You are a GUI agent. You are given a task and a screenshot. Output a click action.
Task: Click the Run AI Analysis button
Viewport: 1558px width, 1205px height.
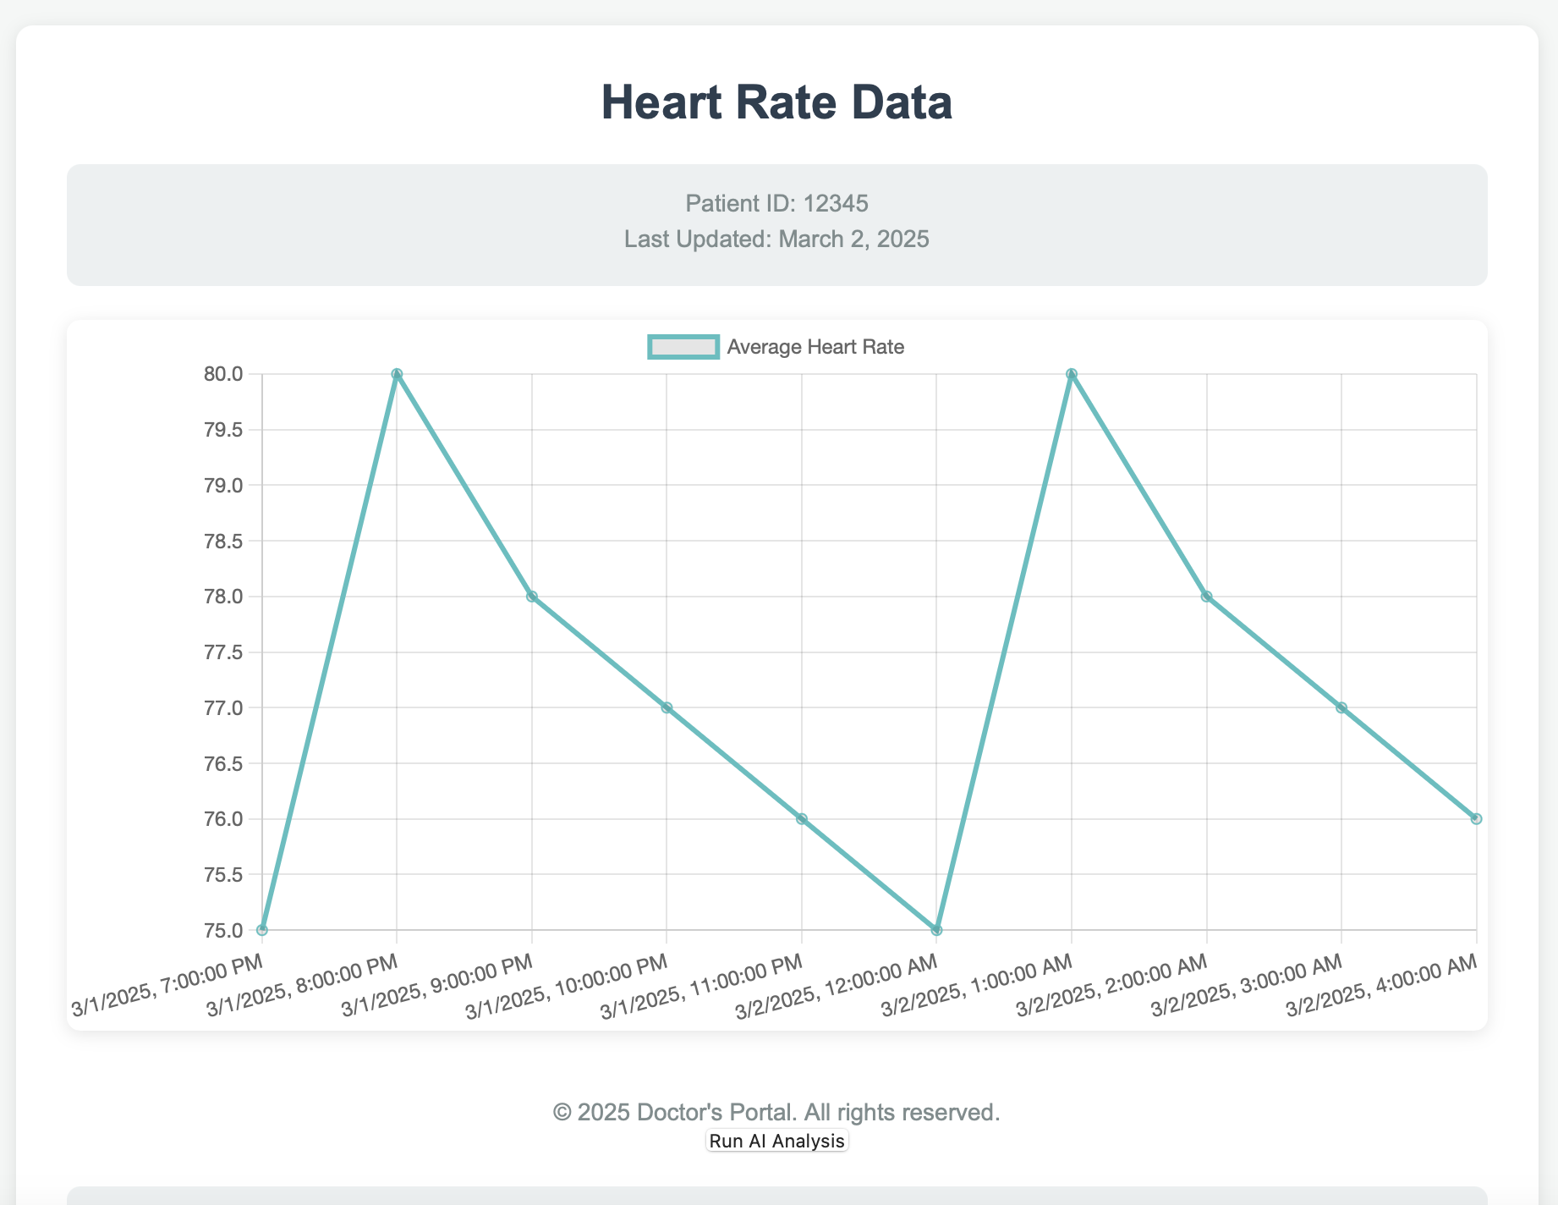776,1141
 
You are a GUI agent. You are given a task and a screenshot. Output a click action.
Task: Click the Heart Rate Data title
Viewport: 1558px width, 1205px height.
776,102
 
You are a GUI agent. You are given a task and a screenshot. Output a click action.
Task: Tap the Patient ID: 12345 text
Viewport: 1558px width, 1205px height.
776,203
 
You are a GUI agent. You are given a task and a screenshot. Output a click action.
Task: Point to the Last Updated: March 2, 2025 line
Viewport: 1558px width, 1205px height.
776,239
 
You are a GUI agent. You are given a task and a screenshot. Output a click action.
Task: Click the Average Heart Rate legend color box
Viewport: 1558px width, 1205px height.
683,347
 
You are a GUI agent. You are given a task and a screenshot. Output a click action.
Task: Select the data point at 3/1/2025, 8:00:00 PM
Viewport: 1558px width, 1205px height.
397,374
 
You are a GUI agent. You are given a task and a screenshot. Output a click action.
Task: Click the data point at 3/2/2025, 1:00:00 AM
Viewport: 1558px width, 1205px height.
1072,374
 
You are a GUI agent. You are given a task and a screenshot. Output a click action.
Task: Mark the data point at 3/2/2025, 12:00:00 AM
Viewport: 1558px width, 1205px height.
936,930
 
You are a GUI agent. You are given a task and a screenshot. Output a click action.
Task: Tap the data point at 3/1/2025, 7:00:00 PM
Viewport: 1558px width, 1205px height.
262,930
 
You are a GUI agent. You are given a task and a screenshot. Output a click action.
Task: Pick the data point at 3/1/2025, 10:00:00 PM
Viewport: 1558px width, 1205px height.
667,707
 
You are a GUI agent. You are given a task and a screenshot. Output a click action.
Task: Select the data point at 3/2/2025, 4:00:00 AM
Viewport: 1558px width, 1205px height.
1476,819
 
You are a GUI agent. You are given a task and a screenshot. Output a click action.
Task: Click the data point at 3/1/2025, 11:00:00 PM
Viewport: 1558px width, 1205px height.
802,819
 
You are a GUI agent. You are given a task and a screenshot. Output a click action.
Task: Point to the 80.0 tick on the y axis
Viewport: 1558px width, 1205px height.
223,374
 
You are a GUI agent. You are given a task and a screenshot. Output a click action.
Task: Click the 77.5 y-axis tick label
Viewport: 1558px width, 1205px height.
223,652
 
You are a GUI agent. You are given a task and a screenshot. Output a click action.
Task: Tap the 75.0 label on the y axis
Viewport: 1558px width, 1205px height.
223,931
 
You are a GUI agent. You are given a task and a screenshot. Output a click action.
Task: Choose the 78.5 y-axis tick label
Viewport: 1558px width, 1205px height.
223,541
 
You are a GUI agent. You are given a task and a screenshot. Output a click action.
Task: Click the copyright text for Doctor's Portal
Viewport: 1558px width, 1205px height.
776,1112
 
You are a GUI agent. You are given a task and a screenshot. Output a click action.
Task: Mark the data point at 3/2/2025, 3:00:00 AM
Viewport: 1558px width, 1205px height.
1341,707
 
